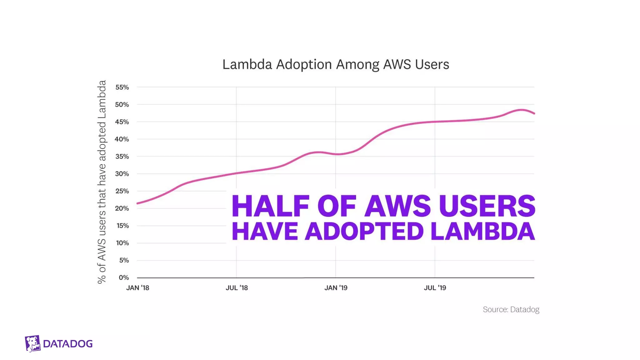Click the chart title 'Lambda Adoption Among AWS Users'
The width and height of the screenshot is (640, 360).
[x=336, y=64]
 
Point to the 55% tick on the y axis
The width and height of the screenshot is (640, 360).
[x=122, y=87]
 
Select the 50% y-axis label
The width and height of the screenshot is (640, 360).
[x=122, y=105]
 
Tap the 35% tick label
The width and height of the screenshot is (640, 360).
[x=122, y=157]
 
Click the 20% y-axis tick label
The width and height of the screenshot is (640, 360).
[x=122, y=208]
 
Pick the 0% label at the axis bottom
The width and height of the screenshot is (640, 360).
[x=124, y=277]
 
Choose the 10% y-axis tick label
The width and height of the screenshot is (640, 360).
[x=122, y=243]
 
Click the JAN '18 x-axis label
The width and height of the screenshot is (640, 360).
[x=137, y=288]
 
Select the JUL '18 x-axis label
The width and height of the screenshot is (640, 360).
[x=237, y=288]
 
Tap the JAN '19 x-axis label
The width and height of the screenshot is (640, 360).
[x=336, y=288]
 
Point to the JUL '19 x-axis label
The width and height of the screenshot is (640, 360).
[x=435, y=288]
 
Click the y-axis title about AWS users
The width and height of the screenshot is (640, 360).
[x=102, y=182]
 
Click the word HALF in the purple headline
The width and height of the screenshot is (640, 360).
[x=270, y=206]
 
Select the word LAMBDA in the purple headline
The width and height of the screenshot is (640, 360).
[x=482, y=232]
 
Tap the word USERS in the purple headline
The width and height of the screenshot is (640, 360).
[x=487, y=206]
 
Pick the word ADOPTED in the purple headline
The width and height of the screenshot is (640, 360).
[x=364, y=232]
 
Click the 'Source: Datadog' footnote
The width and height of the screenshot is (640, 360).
[x=511, y=309]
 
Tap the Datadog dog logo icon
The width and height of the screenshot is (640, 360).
[x=32, y=343]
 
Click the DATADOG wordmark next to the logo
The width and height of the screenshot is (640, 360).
[x=68, y=344]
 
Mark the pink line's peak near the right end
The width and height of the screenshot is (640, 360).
[x=521, y=110]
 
